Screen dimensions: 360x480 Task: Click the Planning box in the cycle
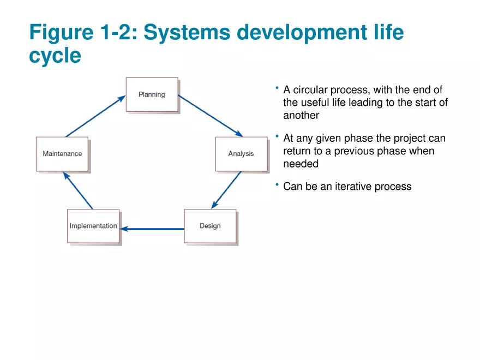[152, 94]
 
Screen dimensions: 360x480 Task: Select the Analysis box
[241, 154]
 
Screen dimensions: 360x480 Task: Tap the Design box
[210, 226]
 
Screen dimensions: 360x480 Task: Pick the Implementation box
[93, 226]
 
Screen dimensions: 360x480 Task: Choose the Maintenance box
[62, 154]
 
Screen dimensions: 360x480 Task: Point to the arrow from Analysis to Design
[226, 190]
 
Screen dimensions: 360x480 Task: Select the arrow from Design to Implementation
[152, 229]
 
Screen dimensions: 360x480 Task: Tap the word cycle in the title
[55, 56]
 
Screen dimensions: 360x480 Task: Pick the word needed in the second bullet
[301, 164]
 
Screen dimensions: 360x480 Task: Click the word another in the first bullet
[301, 115]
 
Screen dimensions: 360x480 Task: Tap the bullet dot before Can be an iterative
[277, 184]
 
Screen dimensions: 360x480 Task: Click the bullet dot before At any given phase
[277, 136]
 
